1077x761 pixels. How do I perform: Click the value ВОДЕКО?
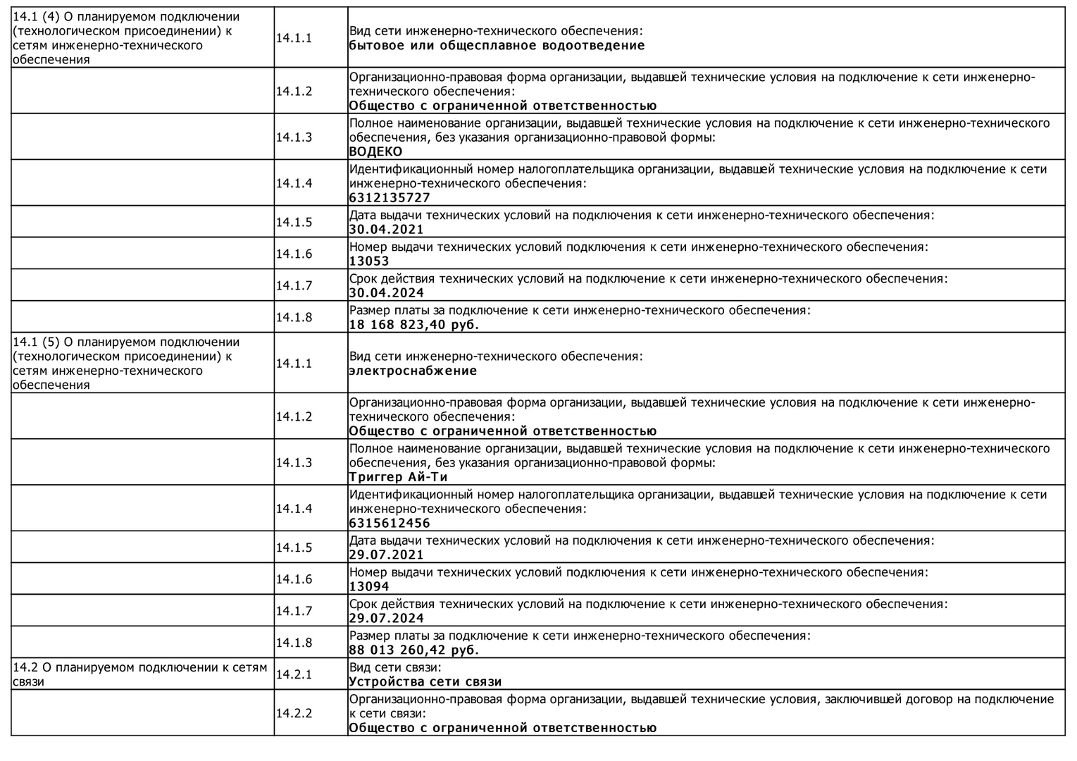tap(375, 151)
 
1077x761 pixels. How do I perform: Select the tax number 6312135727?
tap(390, 198)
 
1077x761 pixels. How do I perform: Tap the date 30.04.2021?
tap(387, 230)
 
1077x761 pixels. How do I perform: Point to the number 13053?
tap(369, 261)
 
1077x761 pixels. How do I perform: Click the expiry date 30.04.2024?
tap(387, 293)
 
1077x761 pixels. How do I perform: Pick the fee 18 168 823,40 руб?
tap(413, 325)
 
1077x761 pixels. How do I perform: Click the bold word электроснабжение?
tap(413, 371)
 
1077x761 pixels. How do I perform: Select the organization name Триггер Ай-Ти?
tap(398, 477)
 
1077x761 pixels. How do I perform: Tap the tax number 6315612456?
tap(390, 524)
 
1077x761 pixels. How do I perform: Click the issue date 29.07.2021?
tap(387, 555)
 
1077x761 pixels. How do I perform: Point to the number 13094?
tap(369, 586)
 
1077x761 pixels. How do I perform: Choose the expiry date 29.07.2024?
tap(387, 619)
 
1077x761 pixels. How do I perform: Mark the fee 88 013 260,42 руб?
tap(413, 650)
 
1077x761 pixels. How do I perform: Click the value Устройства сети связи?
tap(425, 681)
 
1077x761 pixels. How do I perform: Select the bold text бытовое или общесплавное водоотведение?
tap(497, 46)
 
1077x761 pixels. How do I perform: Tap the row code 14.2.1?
tap(294, 674)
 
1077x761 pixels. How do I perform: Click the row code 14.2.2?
tap(294, 713)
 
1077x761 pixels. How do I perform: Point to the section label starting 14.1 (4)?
tap(125, 38)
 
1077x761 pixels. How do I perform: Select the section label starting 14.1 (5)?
tap(125, 363)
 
